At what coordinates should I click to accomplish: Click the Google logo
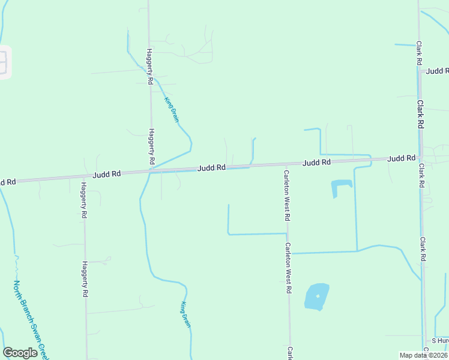point(20,353)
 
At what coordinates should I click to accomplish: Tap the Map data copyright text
point(423,355)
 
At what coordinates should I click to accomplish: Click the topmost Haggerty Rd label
point(150,66)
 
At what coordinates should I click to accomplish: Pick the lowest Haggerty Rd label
point(85,279)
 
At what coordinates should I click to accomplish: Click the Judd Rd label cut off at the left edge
point(7,181)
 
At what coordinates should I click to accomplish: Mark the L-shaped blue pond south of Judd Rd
point(340,189)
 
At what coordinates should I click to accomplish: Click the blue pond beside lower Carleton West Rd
point(317,296)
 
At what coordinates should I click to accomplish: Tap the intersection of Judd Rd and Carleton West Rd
point(286,164)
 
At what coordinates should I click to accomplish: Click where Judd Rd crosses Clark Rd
point(420,158)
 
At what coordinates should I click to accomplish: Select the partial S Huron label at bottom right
point(439,340)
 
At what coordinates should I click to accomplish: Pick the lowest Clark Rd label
point(423,249)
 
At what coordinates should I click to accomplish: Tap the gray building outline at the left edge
point(4,62)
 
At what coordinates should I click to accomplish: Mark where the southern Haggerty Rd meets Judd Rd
point(85,176)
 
